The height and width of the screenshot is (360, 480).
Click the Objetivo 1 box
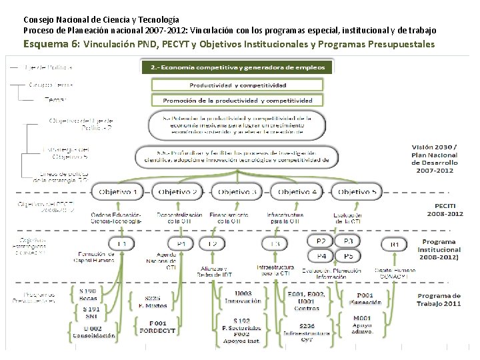pyautogui.click(x=119, y=192)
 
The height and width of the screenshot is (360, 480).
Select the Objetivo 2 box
pyautogui.click(x=177, y=192)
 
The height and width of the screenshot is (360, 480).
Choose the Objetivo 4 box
pyautogui.click(x=297, y=192)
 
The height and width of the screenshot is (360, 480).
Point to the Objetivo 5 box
pyautogui.click(x=357, y=192)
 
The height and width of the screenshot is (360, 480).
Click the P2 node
pyautogui.click(x=321, y=241)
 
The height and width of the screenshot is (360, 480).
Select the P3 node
pyautogui.click(x=348, y=241)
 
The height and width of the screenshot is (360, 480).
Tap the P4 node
pyautogui.click(x=321, y=255)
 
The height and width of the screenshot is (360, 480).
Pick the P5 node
pyautogui.click(x=348, y=255)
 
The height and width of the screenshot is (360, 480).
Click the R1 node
pyautogui.click(x=395, y=245)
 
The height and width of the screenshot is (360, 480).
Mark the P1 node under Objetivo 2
pyautogui.click(x=181, y=245)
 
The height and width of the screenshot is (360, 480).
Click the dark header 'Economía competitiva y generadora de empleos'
pyautogui.click(x=237, y=67)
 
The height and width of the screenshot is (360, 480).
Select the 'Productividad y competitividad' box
pyautogui.click(x=237, y=85)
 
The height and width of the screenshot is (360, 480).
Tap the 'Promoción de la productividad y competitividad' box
pyautogui.click(x=237, y=101)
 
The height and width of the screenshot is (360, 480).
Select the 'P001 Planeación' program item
pyautogui.click(x=365, y=299)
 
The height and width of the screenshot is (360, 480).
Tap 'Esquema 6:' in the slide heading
pyautogui.click(x=51, y=44)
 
